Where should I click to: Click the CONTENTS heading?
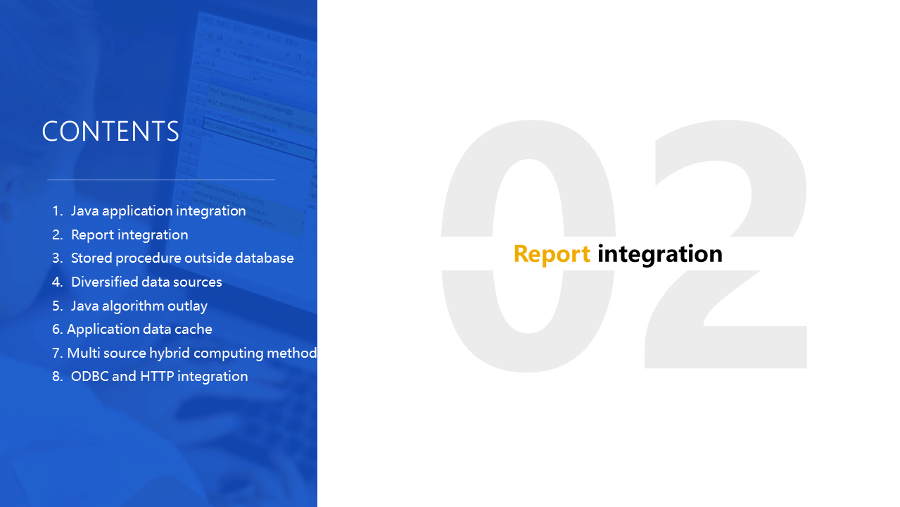click(x=110, y=131)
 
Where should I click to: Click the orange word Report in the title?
click(x=552, y=254)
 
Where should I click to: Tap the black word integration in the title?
click(x=660, y=254)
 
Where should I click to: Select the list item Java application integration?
click(x=158, y=211)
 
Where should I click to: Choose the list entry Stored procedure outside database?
click(x=182, y=258)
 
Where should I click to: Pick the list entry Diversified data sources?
click(x=146, y=282)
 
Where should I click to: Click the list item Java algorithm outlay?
click(x=139, y=306)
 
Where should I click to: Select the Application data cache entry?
click(x=139, y=330)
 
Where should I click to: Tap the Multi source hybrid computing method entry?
click(x=192, y=353)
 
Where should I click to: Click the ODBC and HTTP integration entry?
click(x=160, y=376)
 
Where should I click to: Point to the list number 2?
click(x=58, y=234)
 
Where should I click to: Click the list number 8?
click(x=58, y=376)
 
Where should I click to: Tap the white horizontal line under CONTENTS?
click(x=161, y=180)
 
